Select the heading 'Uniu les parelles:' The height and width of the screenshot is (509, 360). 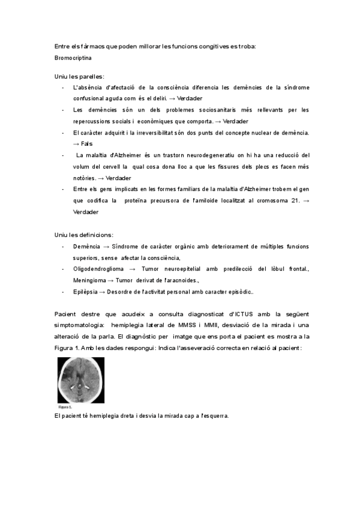pos(79,76)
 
